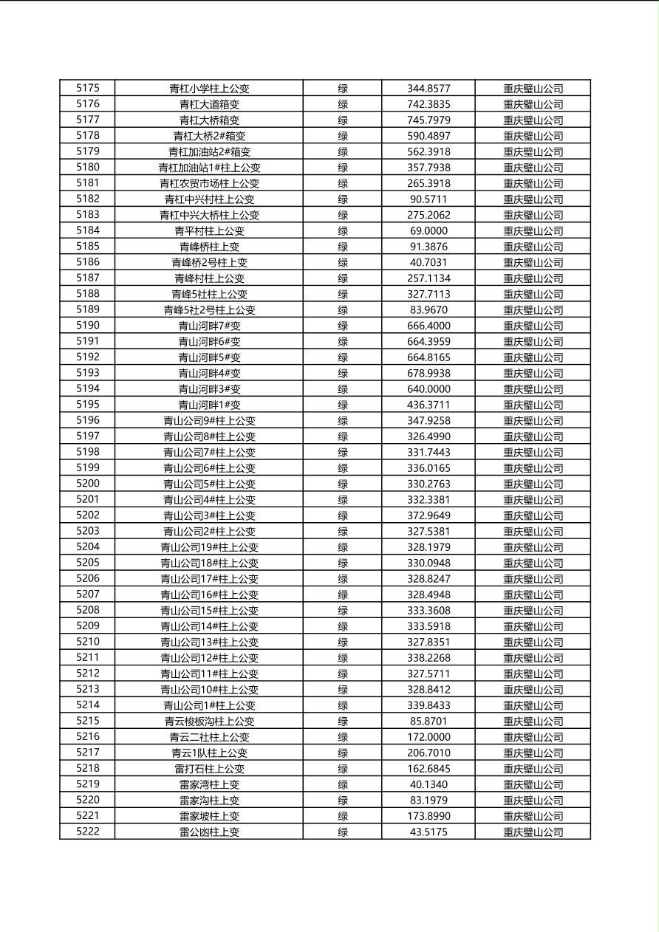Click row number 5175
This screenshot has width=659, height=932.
click(87, 88)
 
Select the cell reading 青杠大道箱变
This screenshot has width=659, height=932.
click(209, 104)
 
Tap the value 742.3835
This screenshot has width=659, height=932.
click(428, 104)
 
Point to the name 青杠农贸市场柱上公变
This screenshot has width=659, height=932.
click(209, 183)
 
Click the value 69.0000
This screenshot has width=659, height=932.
click(428, 230)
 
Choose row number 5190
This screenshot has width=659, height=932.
click(87, 326)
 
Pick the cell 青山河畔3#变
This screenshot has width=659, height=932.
click(209, 389)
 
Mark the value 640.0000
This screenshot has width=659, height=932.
click(428, 389)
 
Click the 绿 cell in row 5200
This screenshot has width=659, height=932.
click(343, 484)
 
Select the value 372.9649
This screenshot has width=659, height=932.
click(428, 515)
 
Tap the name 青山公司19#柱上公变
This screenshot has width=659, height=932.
click(209, 547)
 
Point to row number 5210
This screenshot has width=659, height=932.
click(87, 642)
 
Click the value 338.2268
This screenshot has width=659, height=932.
click(428, 658)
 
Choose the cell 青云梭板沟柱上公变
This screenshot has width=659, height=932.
click(209, 721)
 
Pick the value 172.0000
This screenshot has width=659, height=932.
click(428, 737)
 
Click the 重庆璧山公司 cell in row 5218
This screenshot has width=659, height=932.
click(533, 769)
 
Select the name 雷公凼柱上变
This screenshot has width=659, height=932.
click(209, 832)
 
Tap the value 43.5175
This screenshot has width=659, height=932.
click(428, 832)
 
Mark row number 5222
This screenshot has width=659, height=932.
click(87, 832)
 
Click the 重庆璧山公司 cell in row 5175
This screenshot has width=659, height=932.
click(533, 88)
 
